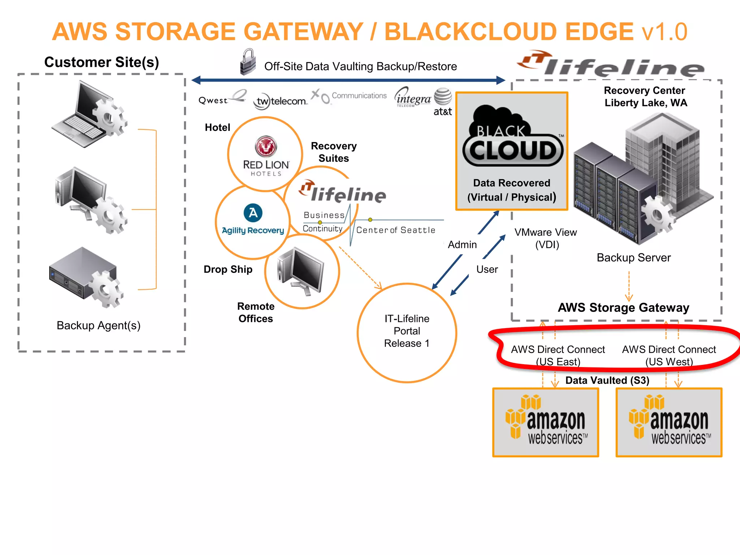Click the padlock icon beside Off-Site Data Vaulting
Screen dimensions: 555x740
pyautogui.click(x=248, y=62)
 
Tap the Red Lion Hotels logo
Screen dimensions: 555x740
pyautogui.click(x=266, y=156)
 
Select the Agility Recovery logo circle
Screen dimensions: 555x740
pyautogui.click(x=253, y=221)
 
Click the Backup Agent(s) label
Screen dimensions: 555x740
pyautogui.click(x=98, y=326)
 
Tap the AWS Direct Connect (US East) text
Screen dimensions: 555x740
pyautogui.click(x=558, y=355)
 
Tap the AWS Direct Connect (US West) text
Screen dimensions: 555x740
pyautogui.click(x=669, y=355)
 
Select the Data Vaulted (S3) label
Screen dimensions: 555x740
pyautogui.click(x=607, y=380)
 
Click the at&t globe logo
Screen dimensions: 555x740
pyautogui.click(x=443, y=97)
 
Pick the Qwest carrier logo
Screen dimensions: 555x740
pyautogui.click(x=221, y=98)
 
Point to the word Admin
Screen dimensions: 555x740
pyautogui.click(x=462, y=245)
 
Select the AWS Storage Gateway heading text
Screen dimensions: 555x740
pyautogui.click(x=623, y=307)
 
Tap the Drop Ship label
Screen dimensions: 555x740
pyautogui.click(x=228, y=269)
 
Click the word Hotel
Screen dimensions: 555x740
pyautogui.click(x=217, y=127)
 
